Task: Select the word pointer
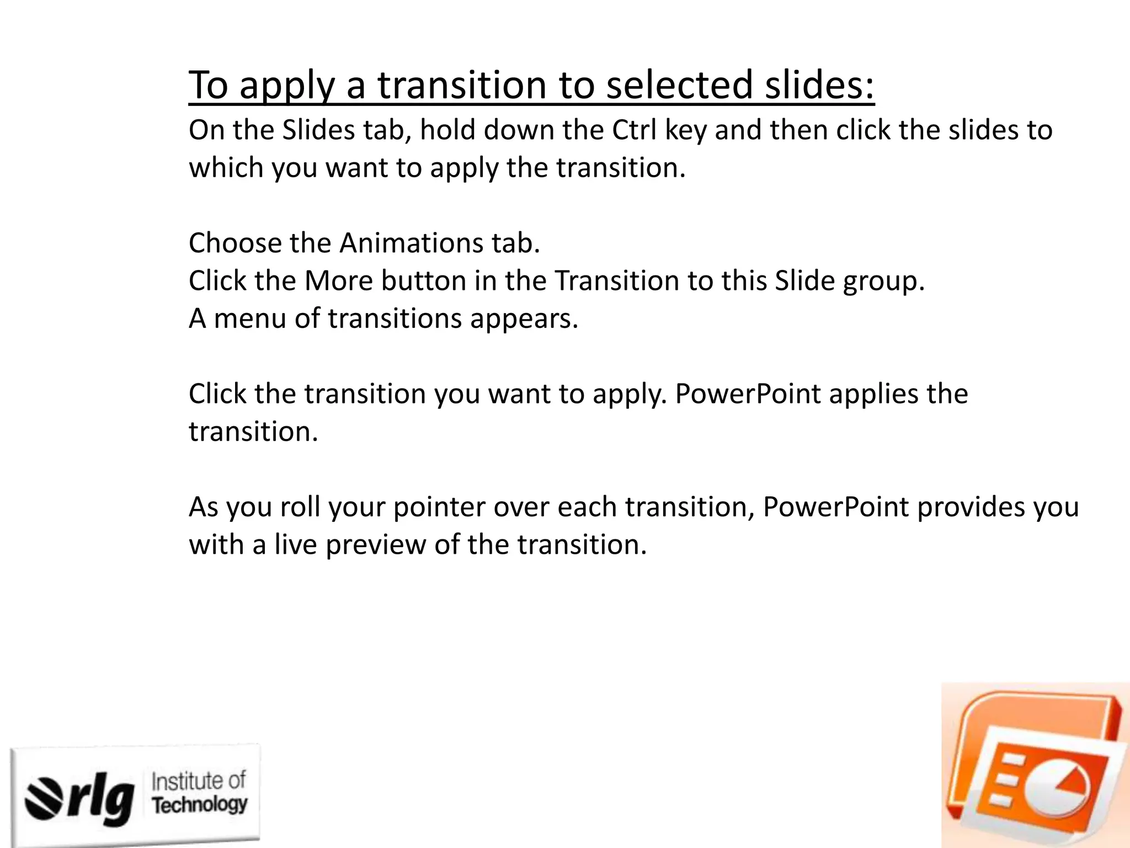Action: point(439,507)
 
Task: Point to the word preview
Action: point(376,545)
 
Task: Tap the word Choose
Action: point(234,243)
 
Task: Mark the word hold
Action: point(447,130)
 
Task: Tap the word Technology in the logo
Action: point(200,805)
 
